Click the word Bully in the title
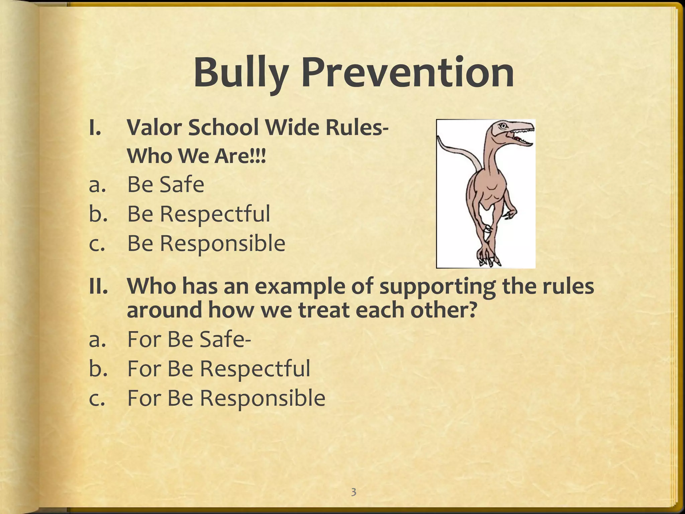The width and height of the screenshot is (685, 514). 240,73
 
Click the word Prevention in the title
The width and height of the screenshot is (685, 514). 408,73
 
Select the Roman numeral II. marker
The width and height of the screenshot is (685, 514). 98,286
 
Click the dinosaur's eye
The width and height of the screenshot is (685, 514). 503,126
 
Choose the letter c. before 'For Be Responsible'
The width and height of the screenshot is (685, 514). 97,398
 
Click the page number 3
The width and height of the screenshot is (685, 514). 354,492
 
